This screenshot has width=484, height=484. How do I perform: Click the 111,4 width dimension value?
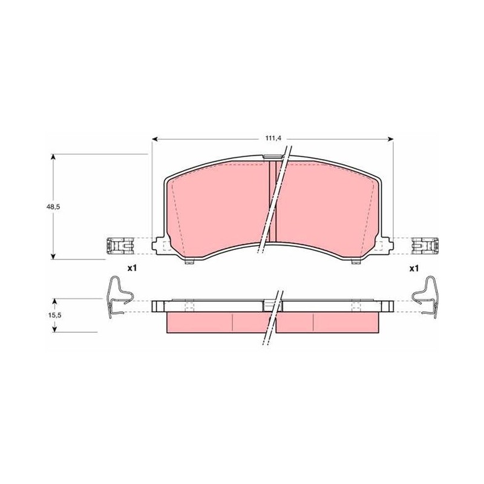tap(273, 139)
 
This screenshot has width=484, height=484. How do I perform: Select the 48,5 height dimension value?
tap(53, 207)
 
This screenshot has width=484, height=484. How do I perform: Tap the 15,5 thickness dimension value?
tap(55, 315)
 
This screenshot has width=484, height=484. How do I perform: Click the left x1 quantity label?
tap(132, 268)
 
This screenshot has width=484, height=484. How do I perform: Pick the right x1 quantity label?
tap(414, 268)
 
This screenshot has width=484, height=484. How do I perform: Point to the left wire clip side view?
tap(118, 297)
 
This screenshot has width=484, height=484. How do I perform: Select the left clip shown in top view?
tap(120, 246)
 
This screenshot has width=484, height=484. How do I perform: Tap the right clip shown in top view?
tap(425, 246)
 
